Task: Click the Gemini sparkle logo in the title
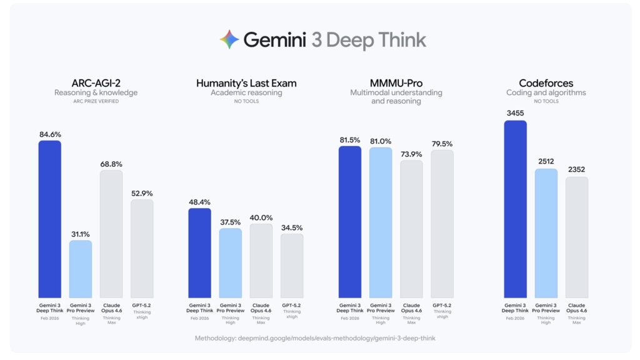[229, 40]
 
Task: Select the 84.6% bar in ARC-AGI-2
[50, 219]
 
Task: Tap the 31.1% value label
[81, 234]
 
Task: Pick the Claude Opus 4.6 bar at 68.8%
[111, 234]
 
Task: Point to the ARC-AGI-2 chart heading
[96, 82]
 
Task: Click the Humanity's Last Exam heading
[246, 82]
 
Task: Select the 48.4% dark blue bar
[200, 252]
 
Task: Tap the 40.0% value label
[261, 217]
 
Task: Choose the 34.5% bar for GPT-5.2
[292, 266]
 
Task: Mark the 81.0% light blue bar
[381, 222]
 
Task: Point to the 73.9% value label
[411, 154]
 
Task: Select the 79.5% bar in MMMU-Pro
[442, 224]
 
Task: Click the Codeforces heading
[546, 82]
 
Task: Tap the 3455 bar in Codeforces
[516, 209]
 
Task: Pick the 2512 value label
[546, 162]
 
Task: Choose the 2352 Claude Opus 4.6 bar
[577, 237]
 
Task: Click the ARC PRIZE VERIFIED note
[96, 101]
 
